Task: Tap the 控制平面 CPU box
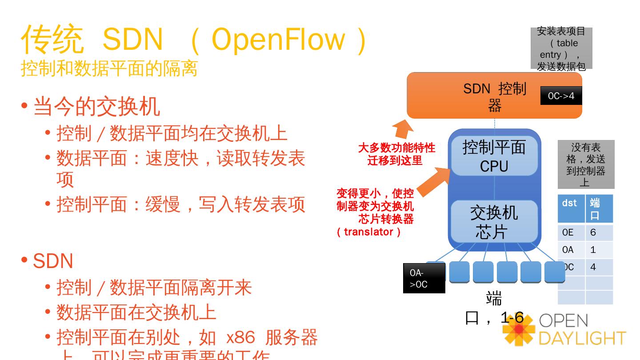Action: (x=494, y=156)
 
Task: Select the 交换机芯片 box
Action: (x=494, y=222)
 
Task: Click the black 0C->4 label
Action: (x=561, y=96)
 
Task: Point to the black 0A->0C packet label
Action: (x=424, y=279)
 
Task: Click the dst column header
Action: (x=571, y=208)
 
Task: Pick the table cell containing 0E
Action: (x=571, y=232)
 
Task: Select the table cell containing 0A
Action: (x=571, y=250)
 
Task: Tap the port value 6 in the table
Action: (x=598, y=232)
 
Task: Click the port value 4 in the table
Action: (x=598, y=267)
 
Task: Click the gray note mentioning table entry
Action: (x=561, y=48)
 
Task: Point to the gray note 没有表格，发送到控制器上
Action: (x=586, y=164)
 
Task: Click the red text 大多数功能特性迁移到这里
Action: (x=396, y=154)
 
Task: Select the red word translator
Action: (x=368, y=232)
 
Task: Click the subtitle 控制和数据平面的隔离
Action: (x=109, y=68)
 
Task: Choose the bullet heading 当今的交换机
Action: (x=96, y=107)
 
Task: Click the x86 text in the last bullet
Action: (x=240, y=338)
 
